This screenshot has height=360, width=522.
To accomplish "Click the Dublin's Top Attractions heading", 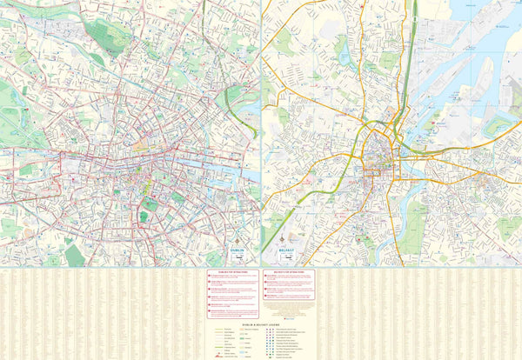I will point(233,271).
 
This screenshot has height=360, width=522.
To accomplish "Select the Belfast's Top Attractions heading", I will point(289,271).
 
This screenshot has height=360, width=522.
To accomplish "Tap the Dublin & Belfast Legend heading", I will point(261,323).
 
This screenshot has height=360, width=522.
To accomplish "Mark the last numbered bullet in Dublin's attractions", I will point(210,311).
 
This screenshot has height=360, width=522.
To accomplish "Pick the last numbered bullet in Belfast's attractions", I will point(265,306).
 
